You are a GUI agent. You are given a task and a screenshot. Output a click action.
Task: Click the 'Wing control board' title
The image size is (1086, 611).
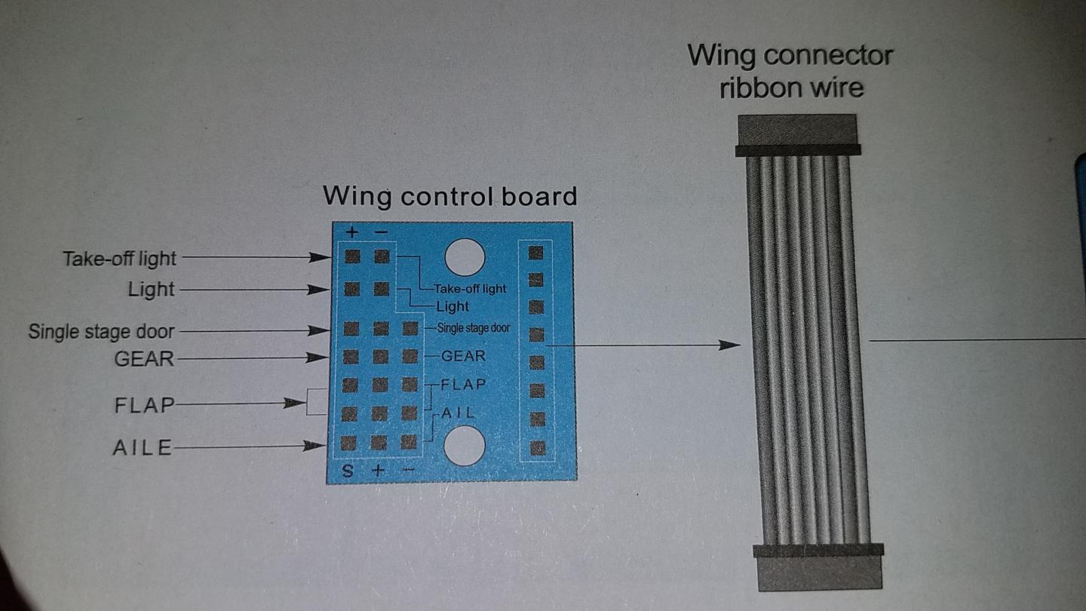pyautogui.click(x=450, y=196)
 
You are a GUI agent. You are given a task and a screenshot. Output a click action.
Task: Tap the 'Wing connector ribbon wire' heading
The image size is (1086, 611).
pyautogui.click(x=790, y=72)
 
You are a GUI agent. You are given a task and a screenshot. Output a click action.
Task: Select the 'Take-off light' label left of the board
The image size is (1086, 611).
pyautogui.click(x=119, y=259)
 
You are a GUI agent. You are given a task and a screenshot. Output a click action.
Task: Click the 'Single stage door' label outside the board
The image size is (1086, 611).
pyautogui.click(x=101, y=332)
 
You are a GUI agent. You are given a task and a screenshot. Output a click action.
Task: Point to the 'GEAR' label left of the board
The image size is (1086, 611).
pyautogui.click(x=144, y=359)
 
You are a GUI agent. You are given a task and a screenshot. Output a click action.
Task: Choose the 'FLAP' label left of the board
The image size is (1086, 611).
pyautogui.click(x=145, y=405)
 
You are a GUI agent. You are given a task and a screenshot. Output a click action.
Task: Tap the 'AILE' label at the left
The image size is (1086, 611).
pyautogui.click(x=143, y=447)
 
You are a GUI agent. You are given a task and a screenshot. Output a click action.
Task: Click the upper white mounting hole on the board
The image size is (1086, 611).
pyautogui.click(x=465, y=257)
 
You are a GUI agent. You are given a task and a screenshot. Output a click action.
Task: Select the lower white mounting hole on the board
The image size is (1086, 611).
pyautogui.click(x=464, y=446)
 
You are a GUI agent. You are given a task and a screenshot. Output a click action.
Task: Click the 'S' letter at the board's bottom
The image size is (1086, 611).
pyautogui.click(x=348, y=471)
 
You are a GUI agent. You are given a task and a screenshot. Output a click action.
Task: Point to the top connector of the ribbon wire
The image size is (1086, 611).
pyautogui.click(x=798, y=135)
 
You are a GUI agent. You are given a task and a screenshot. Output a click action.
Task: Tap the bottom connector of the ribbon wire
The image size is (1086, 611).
pyautogui.click(x=819, y=567)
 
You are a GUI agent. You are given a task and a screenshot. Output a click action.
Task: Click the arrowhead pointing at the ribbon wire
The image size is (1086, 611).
pyautogui.click(x=730, y=345)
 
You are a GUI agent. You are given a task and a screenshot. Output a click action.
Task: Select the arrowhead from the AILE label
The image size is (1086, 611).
pyautogui.click(x=313, y=445)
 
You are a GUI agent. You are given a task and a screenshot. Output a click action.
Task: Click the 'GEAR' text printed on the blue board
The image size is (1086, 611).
pyautogui.click(x=463, y=356)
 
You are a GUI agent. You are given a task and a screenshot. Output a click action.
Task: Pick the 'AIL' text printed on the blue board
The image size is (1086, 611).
pyautogui.click(x=458, y=413)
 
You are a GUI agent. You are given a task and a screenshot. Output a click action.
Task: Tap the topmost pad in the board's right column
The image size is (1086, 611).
pyautogui.click(x=535, y=253)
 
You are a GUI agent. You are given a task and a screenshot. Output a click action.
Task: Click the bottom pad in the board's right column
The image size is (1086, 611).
pyautogui.click(x=538, y=447)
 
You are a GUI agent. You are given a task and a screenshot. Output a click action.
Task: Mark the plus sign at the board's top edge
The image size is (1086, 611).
pyautogui.click(x=352, y=232)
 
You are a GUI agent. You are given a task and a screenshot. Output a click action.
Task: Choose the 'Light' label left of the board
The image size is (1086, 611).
pyautogui.click(x=151, y=290)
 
